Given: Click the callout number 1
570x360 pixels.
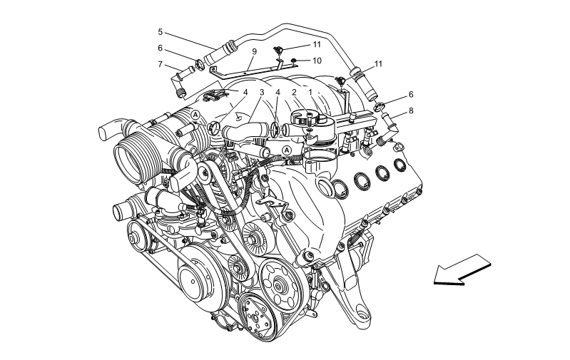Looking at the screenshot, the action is [x=310, y=93].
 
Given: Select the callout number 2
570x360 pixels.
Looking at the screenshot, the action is [x=294, y=93].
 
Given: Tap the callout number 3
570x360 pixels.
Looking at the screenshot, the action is [x=262, y=93].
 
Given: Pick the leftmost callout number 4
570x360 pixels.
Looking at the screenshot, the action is [x=245, y=93].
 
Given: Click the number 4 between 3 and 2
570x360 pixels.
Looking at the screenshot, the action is [x=278, y=93].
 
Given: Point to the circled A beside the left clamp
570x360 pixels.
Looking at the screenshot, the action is [x=195, y=114].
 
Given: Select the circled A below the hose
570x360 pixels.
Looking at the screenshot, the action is [x=287, y=150].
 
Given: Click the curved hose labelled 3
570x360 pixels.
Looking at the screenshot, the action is [x=246, y=130].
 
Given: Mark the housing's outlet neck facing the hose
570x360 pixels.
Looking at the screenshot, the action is [x=285, y=131].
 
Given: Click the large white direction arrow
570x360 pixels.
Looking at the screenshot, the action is [x=462, y=269].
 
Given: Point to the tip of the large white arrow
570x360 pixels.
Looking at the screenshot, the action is [x=437, y=279].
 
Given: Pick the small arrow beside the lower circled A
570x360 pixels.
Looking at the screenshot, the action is [x=275, y=155].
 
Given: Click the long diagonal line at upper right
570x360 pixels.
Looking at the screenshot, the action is [x=360, y=73].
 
